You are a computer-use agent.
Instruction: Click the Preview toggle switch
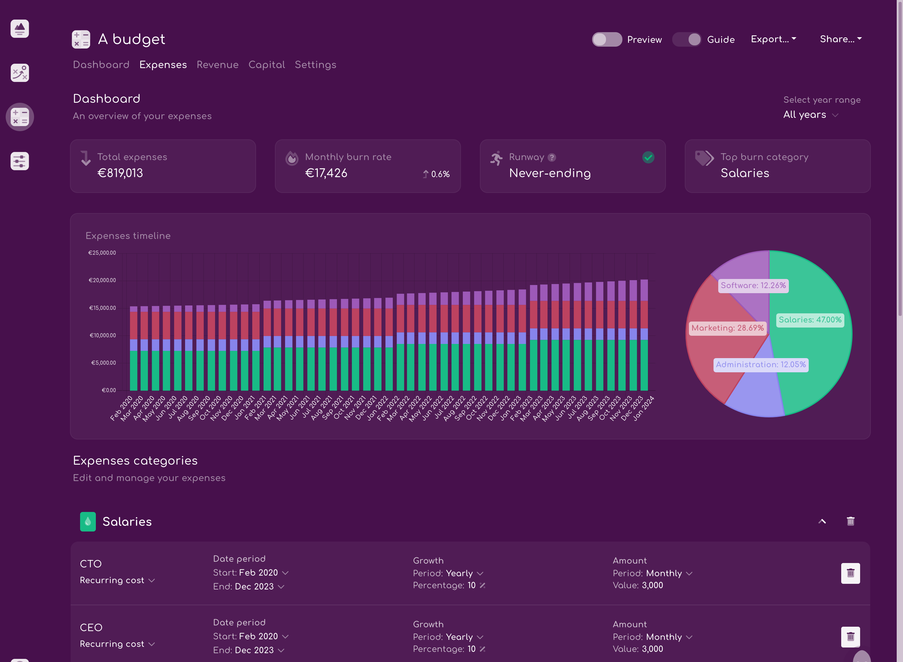(607, 39)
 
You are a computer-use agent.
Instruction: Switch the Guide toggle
(687, 39)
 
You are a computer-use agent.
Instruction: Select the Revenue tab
(217, 65)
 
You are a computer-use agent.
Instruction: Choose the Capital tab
(266, 65)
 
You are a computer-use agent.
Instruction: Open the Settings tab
(315, 65)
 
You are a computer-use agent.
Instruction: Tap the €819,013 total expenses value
(120, 173)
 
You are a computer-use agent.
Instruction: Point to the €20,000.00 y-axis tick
(102, 280)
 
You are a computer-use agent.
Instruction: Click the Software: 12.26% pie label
(753, 286)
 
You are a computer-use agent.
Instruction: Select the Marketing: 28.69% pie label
(727, 328)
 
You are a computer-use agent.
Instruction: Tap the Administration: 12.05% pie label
(761, 365)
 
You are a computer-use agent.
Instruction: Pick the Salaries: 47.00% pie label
(810, 320)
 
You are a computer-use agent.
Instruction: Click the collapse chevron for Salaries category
(822, 521)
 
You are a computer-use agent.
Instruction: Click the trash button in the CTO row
(850, 573)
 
